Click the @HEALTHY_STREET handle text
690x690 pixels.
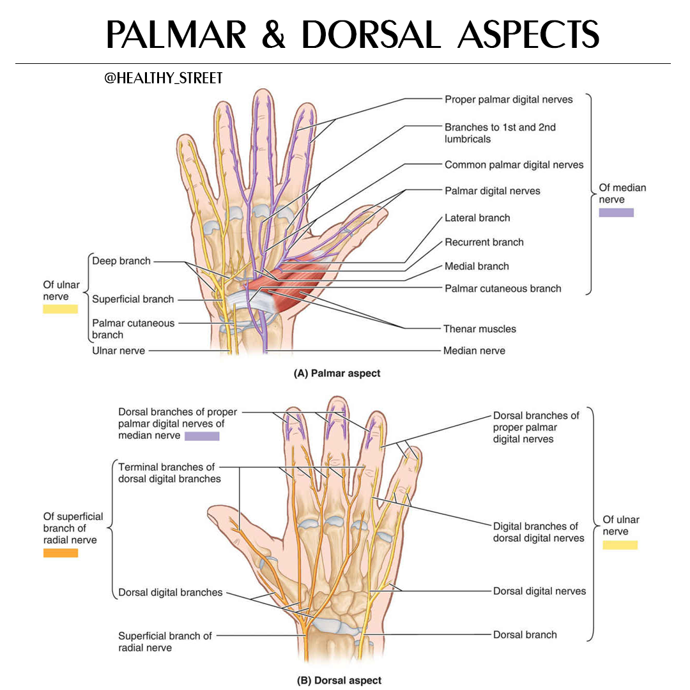click(164, 79)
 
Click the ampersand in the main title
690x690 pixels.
click(273, 34)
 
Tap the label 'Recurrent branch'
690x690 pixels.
click(484, 242)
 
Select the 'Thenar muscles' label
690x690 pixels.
click(480, 329)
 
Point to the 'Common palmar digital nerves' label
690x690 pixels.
click(514, 165)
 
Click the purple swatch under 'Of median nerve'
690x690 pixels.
click(616, 213)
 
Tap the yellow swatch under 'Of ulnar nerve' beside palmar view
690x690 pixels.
click(60, 309)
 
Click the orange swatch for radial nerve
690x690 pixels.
click(61, 553)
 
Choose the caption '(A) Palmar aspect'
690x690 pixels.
click(337, 373)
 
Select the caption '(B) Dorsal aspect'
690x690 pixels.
click(339, 680)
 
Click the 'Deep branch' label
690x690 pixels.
click(121, 261)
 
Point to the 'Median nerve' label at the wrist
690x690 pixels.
click(474, 351)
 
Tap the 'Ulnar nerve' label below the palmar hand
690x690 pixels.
click(118, 351)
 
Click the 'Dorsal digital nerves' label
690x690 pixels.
click(539, 591)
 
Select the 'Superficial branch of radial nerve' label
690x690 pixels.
click(165, 641)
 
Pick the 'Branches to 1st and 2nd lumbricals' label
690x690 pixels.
click(500, 133)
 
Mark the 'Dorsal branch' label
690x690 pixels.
click(525, 634)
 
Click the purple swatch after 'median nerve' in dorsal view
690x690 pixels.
click(202, 436)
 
